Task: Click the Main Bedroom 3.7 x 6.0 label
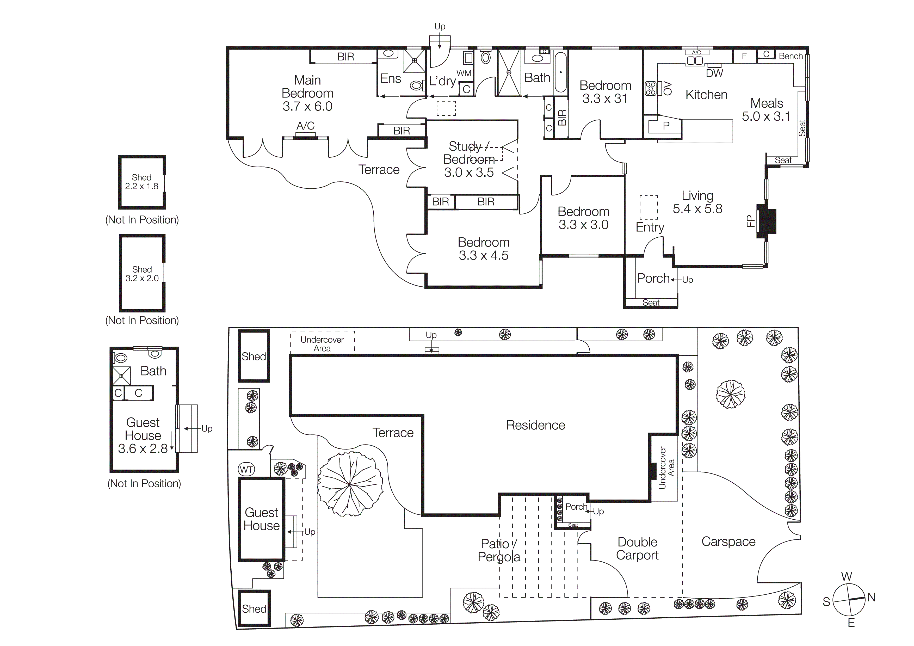pyautogui.click(x=307, y=93)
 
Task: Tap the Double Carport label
pyautogui.click(x=637, y=549)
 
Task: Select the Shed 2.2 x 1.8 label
pyautogui.click(x=142, y=182)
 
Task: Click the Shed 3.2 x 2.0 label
pyautogui.click(x=142, y=274)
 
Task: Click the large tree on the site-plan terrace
pyautogui.click(x=349, y=485)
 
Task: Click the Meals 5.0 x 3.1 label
pyautogui.click(x=766, y=110)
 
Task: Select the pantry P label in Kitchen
pyautogui.click(x=666, y=126)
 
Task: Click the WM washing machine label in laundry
pyautogui.click(x=464, y=73)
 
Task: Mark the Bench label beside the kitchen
pyautogui.click(x=791, y=56)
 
